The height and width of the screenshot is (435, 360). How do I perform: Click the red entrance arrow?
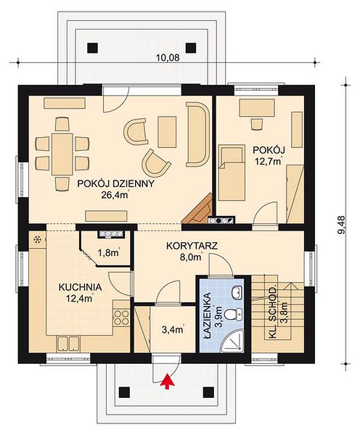tap(167, 381)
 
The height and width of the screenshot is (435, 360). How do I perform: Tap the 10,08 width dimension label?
tap(168, 58)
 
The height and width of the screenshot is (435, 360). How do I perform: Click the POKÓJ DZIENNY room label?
tap(115, 183)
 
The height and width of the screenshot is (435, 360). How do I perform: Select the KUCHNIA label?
tap(80, 287)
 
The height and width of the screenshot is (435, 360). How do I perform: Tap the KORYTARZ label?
tap(192, 246)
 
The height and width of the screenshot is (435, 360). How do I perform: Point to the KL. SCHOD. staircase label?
tap(273, 312)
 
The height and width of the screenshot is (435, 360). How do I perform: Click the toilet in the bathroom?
tap(232, 315)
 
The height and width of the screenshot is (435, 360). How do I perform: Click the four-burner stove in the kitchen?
tap(121, 317)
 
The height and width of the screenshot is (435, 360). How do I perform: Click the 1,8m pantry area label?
tap(109, 252)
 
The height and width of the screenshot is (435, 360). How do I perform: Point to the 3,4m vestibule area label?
tap(173, 330)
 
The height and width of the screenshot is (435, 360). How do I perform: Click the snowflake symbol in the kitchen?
tap(37, 239)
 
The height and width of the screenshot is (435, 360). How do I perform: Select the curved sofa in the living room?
tap(197, 135)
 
